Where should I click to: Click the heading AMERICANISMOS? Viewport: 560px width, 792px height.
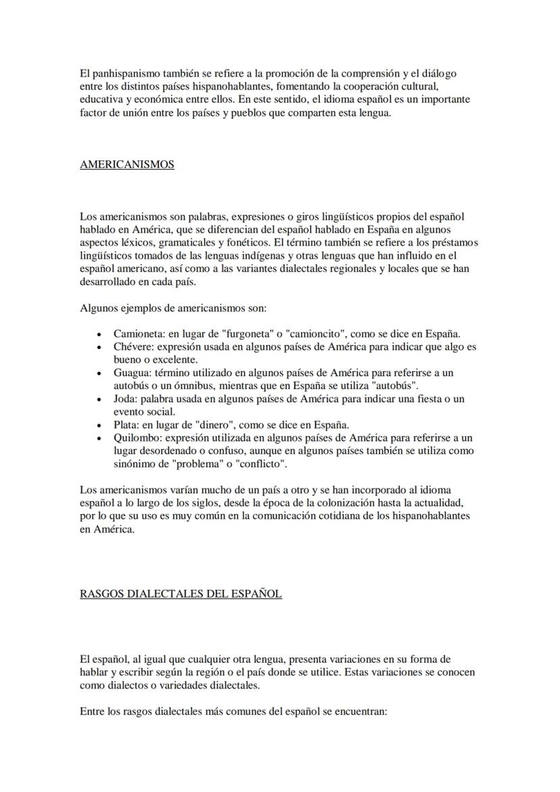126,164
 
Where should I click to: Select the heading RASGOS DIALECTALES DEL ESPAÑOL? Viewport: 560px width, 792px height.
181,594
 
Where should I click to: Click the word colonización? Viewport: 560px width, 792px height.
332,503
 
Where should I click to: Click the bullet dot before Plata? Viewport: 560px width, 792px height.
100,425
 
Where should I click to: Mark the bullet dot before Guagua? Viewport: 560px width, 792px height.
100,373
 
